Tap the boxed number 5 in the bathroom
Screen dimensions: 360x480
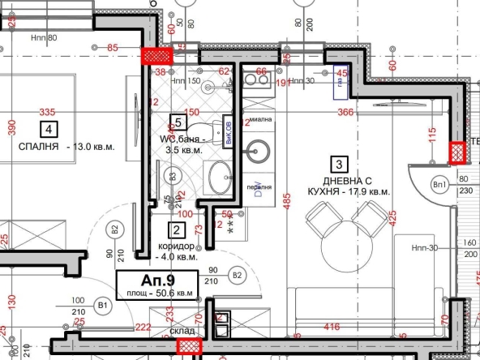[179, 123]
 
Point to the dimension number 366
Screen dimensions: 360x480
[346, 113]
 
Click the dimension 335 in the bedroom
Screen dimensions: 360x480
[47, 112]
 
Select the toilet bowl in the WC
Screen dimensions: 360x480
[221, 130]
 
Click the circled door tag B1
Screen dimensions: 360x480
[103, 305]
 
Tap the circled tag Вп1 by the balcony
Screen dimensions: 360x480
[442, 184]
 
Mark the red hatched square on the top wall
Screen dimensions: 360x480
[157, 56]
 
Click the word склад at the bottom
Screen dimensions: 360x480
[182, 332]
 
